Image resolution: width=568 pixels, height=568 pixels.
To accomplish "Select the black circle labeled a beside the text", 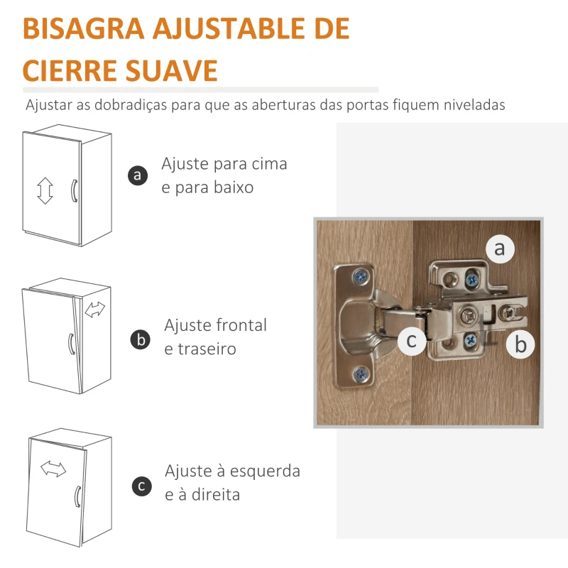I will click(138, 175).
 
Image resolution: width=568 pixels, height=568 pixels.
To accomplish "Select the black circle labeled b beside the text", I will click(141, 339).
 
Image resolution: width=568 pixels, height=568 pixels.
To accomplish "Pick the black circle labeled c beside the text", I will click(141, 486).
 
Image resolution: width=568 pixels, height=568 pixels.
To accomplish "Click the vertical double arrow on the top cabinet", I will click(45, 191).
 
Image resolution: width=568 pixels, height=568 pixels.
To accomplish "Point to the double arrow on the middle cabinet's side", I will click(94, 310).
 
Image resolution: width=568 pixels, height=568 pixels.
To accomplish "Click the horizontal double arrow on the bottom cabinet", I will click(53, 468).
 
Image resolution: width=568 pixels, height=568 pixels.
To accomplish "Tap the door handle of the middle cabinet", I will click(70, 343).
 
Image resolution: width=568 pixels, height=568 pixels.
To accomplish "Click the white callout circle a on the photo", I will click(500, 248).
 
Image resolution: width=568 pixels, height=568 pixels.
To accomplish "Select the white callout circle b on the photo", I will click(521, 345).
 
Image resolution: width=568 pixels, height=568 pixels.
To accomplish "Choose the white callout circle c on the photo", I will click(412, 341).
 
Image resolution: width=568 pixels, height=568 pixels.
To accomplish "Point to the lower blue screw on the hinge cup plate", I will click(361, 372).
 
